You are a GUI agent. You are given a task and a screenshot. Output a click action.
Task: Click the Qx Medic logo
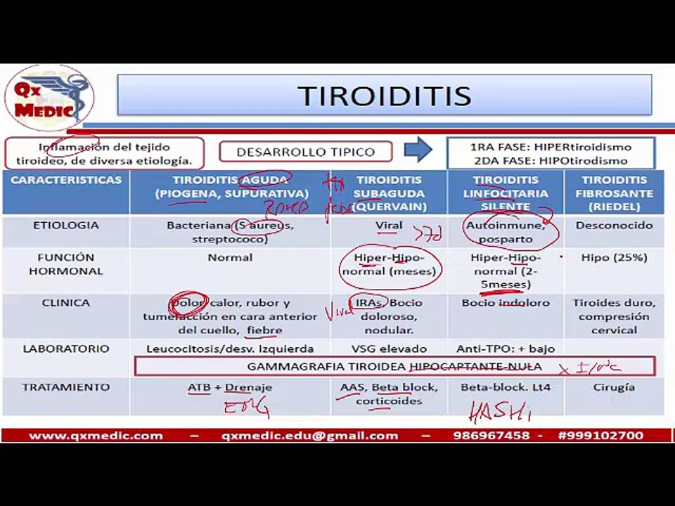[49, 98]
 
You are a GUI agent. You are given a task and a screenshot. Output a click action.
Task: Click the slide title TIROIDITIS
[384, 96]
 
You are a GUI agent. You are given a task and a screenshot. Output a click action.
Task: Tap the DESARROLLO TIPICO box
[305, 152]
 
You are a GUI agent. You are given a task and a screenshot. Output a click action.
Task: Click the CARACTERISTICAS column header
[66, 181]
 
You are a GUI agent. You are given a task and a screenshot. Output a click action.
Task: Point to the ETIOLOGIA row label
[65, 226]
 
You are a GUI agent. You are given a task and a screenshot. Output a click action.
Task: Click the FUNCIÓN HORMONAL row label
[65, 264]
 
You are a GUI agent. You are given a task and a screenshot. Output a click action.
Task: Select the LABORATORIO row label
[66, 349]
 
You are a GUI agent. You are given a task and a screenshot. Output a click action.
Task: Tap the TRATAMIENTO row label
[66, 387]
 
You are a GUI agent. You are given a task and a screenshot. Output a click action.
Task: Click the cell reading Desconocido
[613, 226]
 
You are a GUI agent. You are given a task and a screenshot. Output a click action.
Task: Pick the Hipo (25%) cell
[614, 258]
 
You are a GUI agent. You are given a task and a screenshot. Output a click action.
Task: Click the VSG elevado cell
[389, 349]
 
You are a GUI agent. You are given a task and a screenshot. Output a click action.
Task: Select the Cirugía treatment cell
[613, 387]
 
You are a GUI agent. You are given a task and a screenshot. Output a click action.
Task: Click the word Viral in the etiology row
[389, 226]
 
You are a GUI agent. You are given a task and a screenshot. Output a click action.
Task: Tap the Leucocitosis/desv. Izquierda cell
[230, 349]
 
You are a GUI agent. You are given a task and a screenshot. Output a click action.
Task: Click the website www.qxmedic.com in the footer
[96, 436]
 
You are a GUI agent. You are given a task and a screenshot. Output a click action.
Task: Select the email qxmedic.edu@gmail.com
[309, 436]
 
